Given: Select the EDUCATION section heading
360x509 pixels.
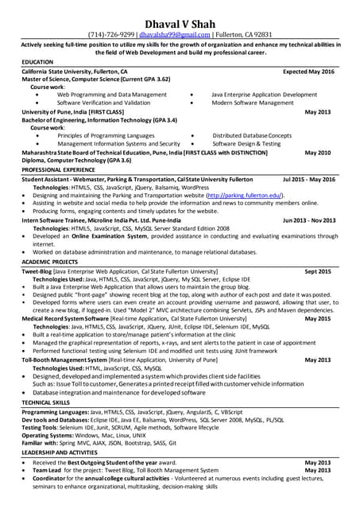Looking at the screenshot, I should pyautogui.click(x=37, y=61).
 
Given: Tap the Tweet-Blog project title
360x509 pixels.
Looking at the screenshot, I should pyautogui.click(x=37, y=272).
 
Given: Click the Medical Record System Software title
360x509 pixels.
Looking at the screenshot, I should pyautogui.click(x=66, y=318).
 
